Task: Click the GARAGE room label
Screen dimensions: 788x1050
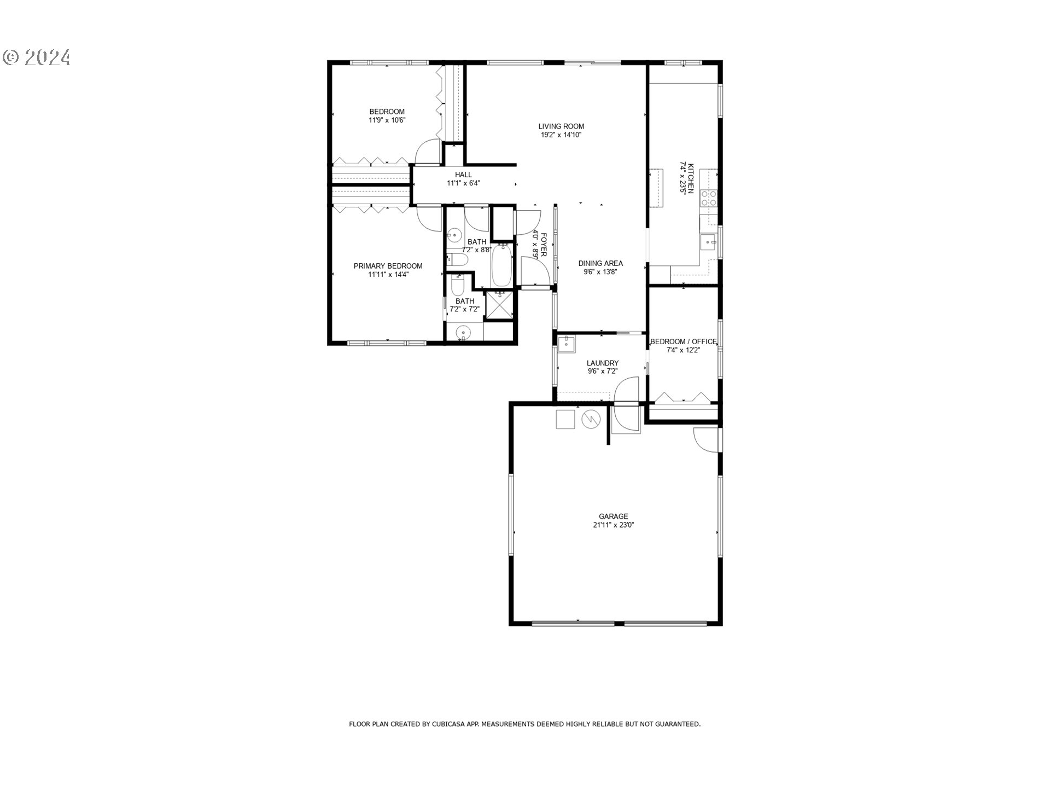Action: tap(613, 516)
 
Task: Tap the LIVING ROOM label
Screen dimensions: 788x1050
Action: tap(561, 126)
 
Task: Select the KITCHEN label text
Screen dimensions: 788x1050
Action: tap(691, 178)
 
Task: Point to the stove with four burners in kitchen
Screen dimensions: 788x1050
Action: tap(709, 198)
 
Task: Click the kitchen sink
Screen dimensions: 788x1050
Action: tap(709, 241)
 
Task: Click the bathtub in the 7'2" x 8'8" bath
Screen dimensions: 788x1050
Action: tap(501, 265)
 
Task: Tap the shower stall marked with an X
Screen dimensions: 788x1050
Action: tap(499, 304)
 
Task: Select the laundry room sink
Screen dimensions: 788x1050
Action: tap(566, 344)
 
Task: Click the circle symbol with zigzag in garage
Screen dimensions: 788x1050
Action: tap(591, 419)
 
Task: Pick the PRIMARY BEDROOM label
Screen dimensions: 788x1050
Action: tap(388, 266)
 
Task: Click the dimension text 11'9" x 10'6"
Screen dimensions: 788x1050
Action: tap(387, 120)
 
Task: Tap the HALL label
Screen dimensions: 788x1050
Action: tap(463, 175)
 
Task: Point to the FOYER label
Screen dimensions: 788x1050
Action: tap(544, 244)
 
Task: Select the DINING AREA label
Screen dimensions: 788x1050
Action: tap(600, 263)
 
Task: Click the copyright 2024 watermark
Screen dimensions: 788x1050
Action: tap(37, 57)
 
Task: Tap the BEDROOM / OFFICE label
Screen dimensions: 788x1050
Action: tap(683, 341)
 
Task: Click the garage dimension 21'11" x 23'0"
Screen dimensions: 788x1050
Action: tap(613, 525)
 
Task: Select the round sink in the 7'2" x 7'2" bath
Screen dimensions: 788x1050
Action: tap(464, 332)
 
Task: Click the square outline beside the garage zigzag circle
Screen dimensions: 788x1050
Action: tap(565, 419)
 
